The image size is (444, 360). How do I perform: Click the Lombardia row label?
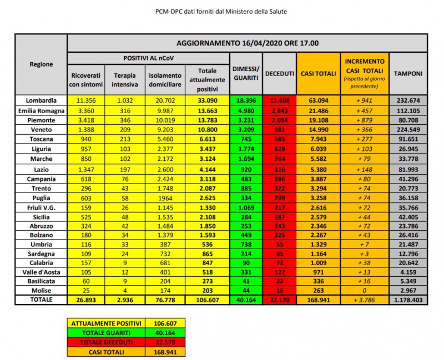coord(41,100)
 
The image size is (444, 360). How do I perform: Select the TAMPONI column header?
coord(408,74)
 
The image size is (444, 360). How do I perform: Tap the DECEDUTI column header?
coord(280,74)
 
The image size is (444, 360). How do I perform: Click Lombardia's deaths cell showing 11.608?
coord(280,100)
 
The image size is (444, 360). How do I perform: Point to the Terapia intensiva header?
coord(125,79)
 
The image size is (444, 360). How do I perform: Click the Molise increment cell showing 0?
coord(365,290)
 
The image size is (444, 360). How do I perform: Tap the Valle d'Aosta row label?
coord(41,272)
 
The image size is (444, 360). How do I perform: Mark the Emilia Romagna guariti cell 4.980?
coord(246,109)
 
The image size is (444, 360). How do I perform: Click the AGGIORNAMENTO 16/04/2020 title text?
coord(248,43)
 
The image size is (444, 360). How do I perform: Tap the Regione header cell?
coord(41,64)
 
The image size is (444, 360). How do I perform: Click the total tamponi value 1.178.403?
coord(408,300)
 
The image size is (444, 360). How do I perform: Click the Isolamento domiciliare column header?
coord(164,79)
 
